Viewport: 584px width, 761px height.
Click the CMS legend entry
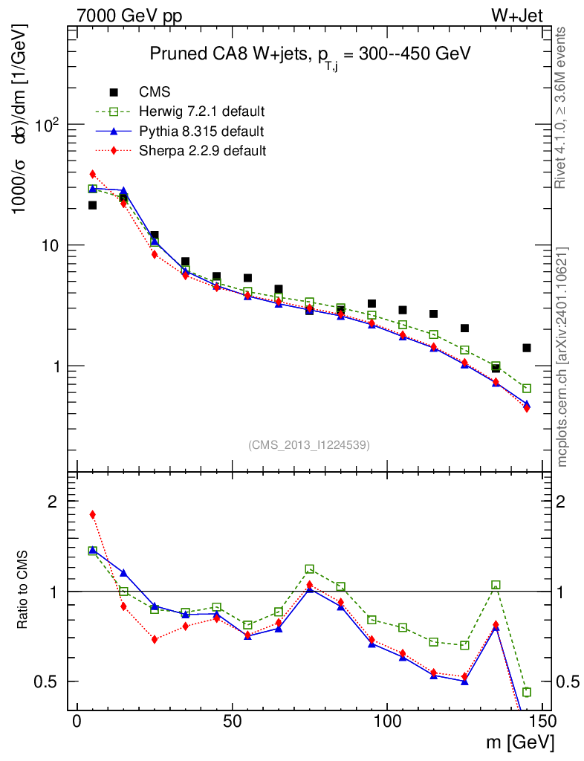tap(155, 92)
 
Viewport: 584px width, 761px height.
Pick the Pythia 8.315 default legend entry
tap(201, 132)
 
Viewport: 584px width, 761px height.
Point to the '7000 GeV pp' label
tap(129, 16)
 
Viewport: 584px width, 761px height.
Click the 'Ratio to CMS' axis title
tap(24, 592)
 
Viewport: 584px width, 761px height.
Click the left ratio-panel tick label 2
tap(52, 502)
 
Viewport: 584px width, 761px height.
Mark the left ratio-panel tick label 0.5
tap(46, 681)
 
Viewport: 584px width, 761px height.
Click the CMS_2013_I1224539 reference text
tap(309, 444)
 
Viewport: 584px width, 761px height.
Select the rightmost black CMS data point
tap(527, 348)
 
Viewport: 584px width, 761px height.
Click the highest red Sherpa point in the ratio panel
tap(93, 514)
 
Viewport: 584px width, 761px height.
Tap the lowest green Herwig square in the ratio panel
tap(527, 692)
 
